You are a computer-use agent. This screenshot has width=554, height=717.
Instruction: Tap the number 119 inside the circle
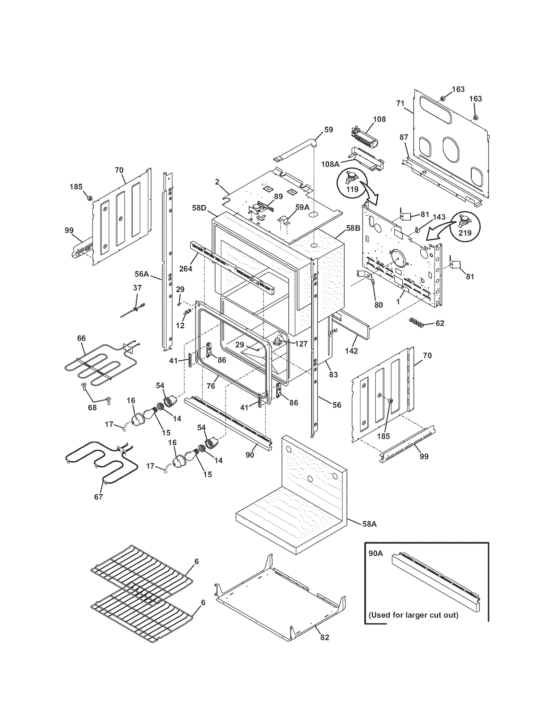click(x=352, y=189)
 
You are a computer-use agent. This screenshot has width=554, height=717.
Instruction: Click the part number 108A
click(x=330, y=164)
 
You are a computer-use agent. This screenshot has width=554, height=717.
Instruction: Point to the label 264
click(x=186, y=268)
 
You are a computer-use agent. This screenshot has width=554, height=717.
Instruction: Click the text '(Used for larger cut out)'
click(x=413, y=615)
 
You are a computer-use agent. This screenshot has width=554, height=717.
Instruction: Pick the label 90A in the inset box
click(x=375, y=554)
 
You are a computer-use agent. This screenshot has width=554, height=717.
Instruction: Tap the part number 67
click(x=98, y=497)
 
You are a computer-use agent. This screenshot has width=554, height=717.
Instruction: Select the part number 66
click(x=81, y=338)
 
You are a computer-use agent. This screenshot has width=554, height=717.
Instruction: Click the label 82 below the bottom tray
click(x=324, y=637)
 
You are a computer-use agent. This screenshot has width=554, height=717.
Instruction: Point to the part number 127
click(x=301, y=344)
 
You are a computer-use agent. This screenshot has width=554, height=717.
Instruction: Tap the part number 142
click(x=351, y=351)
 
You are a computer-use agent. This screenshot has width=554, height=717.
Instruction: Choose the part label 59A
click(x=302, y=207)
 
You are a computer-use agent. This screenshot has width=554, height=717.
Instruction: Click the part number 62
click(x=440, y=323)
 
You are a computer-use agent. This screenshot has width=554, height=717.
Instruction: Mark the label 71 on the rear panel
click(x=400, y=103)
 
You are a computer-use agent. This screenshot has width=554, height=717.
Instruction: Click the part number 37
click(x=137, y=288)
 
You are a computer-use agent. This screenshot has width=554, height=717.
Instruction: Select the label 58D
click(x=199, y=208)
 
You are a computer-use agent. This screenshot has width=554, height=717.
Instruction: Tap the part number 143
click(x=439, y=217)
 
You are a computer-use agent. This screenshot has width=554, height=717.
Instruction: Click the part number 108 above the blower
click(x=379, y=119)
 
